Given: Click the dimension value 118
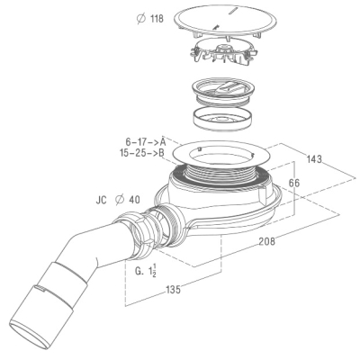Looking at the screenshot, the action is coord(157,19).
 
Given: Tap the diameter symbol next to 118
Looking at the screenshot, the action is coord(140,19).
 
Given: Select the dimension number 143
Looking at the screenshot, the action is coord(314,158).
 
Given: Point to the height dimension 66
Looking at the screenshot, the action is coord(293,183).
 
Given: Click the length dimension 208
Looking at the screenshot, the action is coord(266,240).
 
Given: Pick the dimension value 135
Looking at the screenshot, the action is coord(173,290).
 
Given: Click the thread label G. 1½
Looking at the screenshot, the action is coord(146,271).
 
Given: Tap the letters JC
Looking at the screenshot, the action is coord(102,200).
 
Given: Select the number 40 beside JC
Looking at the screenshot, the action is coord(134,200).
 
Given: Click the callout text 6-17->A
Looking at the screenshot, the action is coord(146,141).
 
